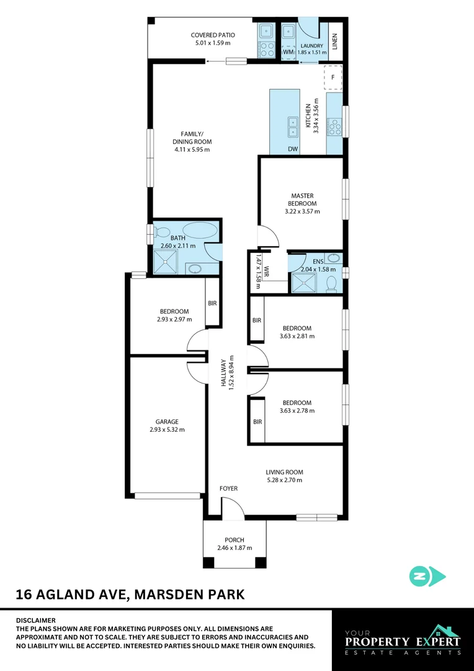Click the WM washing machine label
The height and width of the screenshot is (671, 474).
[288, 52]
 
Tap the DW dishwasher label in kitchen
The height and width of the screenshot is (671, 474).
[293, 149]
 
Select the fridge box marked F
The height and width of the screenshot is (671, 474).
[333, 78]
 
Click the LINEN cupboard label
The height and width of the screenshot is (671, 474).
[334, 42]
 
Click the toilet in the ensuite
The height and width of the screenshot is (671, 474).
[332, 283]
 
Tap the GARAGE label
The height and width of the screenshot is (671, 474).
[168, 422]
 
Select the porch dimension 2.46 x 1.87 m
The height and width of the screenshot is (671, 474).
[235, 548]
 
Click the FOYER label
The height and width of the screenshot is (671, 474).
[229, 489]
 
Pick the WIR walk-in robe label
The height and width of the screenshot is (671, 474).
[266, 272]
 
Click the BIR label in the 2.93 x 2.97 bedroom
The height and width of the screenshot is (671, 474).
[212, 303]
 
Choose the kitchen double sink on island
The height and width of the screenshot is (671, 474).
[292, 126]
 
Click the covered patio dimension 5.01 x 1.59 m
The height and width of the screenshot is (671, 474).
[210, 43]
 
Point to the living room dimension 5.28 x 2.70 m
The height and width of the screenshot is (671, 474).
[284, 480]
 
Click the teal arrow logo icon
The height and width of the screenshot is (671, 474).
[427, 576]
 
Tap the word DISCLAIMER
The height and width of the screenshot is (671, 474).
[36, 620]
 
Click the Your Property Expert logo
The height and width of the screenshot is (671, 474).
[403, 640]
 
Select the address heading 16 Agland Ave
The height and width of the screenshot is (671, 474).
[130, 595]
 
